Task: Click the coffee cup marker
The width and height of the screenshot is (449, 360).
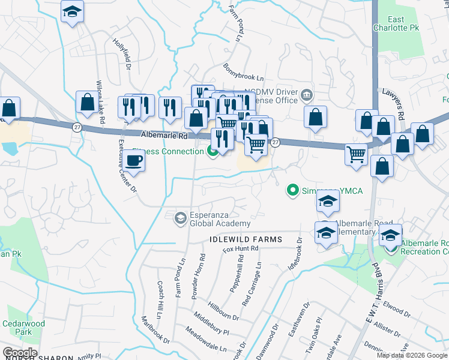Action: coord(134,161)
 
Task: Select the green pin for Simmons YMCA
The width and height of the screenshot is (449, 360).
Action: coord(292,191)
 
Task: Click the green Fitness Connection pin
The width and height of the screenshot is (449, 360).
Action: coord(212,151)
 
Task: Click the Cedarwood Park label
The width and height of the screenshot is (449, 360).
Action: coord(29,328)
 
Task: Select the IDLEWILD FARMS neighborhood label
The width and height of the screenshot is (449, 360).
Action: coord(246,239)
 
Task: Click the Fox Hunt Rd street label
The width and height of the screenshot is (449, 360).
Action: coord(240,249)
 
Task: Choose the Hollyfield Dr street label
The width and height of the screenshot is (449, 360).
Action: coord(122,55)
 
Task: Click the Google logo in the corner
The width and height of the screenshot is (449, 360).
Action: coord(20,353)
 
